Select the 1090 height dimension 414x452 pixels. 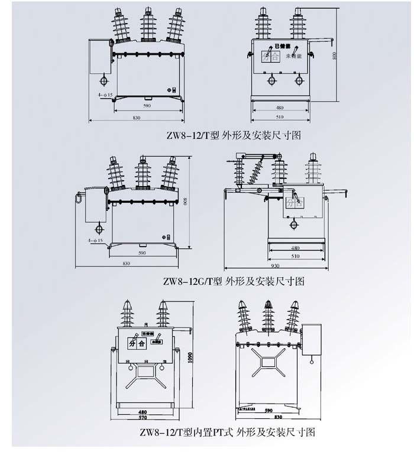[190, 359]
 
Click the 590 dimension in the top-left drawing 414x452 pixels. [147, 106]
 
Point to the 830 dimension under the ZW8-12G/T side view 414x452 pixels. [126, 263]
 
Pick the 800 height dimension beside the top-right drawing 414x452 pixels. [335, 56]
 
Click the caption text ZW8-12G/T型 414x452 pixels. [193, 281]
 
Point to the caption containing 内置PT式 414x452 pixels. [227, 432]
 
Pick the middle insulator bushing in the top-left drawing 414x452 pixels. [148, 25]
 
